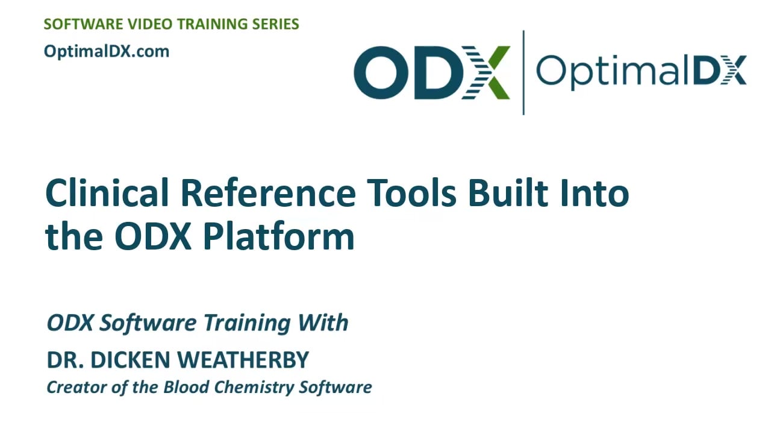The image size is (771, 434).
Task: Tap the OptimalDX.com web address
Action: (x=107, y=52)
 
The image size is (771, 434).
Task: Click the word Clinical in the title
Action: (x=107, y=193)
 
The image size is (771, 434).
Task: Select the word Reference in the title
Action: (x=268, y=193)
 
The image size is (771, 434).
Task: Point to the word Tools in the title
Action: (x=411, y=193)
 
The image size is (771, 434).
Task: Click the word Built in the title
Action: (x=508, y=193)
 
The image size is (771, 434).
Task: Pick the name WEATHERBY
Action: (x=243, y=360)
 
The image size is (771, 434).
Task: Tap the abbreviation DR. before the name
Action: (x=65, y=360)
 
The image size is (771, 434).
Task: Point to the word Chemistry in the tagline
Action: (x=254, y=388)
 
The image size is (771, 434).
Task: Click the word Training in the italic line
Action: (x=247, y=324)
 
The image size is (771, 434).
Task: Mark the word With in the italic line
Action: (x=323, y=322)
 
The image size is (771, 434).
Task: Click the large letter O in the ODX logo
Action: (x=381, y=72)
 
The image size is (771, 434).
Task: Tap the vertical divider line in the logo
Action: (x=523, y=72)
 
